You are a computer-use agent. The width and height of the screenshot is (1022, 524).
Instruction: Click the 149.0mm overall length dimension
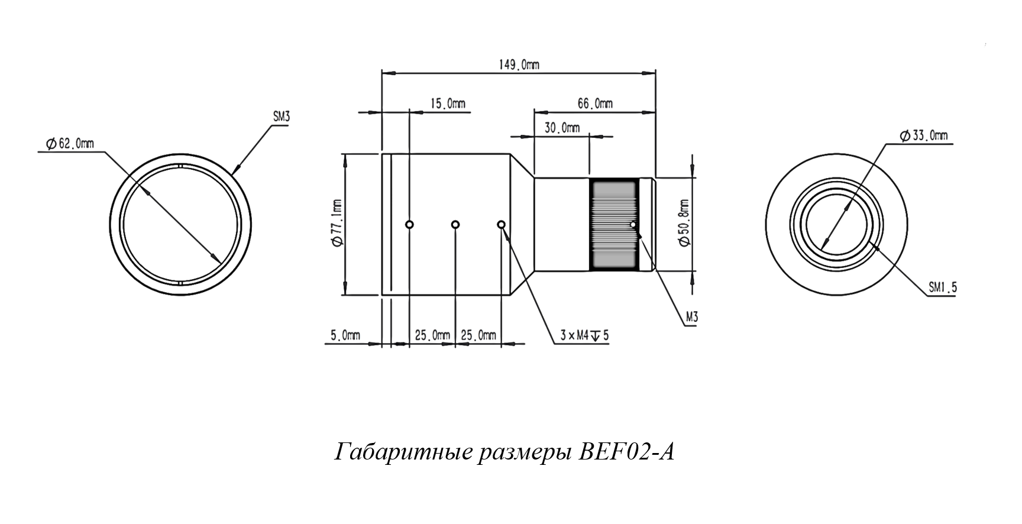click(519, 64)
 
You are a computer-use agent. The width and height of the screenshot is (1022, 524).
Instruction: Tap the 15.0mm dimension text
click(447, 103)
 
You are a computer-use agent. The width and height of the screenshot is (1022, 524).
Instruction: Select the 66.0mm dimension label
click(594, 103)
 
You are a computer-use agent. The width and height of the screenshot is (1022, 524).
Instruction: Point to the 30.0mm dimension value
click(562, 128)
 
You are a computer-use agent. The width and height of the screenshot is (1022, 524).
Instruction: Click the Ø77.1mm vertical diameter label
click(337, 224)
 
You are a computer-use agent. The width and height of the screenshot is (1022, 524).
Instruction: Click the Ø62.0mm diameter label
click(69, 143)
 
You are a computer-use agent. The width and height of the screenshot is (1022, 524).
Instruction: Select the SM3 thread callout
click(281, 117)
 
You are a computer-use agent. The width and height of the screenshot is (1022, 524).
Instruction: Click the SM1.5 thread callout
click(942, 287)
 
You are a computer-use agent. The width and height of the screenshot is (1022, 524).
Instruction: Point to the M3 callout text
click(691, 318)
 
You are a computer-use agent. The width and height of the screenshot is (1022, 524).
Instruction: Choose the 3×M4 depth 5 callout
click(584, 335)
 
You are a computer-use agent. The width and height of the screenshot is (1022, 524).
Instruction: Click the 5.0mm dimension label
click(345, 335)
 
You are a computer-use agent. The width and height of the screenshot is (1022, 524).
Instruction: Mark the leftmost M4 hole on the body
click(409, 224)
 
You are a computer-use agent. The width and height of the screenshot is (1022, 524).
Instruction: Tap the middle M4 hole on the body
click(455, 224)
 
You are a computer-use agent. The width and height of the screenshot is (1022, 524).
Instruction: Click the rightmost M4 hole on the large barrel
click(501, 224)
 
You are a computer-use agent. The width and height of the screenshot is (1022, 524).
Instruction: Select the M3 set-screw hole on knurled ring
click(633, 224)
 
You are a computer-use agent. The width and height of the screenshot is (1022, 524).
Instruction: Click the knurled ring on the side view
click(613, 224)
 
